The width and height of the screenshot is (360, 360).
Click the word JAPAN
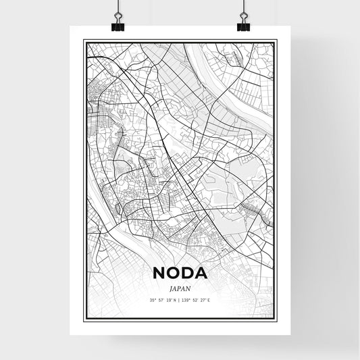[x=180, y=287]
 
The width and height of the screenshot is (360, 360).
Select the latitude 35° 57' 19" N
[x=163, y=300]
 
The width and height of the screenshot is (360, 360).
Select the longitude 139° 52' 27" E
[x=197, y=300]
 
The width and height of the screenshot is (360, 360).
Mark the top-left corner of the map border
[x=84, y=41]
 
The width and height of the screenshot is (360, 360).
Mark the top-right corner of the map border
[x=276, y=41]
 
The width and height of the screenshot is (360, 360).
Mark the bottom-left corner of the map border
[x=84, y=319]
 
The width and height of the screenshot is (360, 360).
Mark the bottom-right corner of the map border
[x=276, y=319]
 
